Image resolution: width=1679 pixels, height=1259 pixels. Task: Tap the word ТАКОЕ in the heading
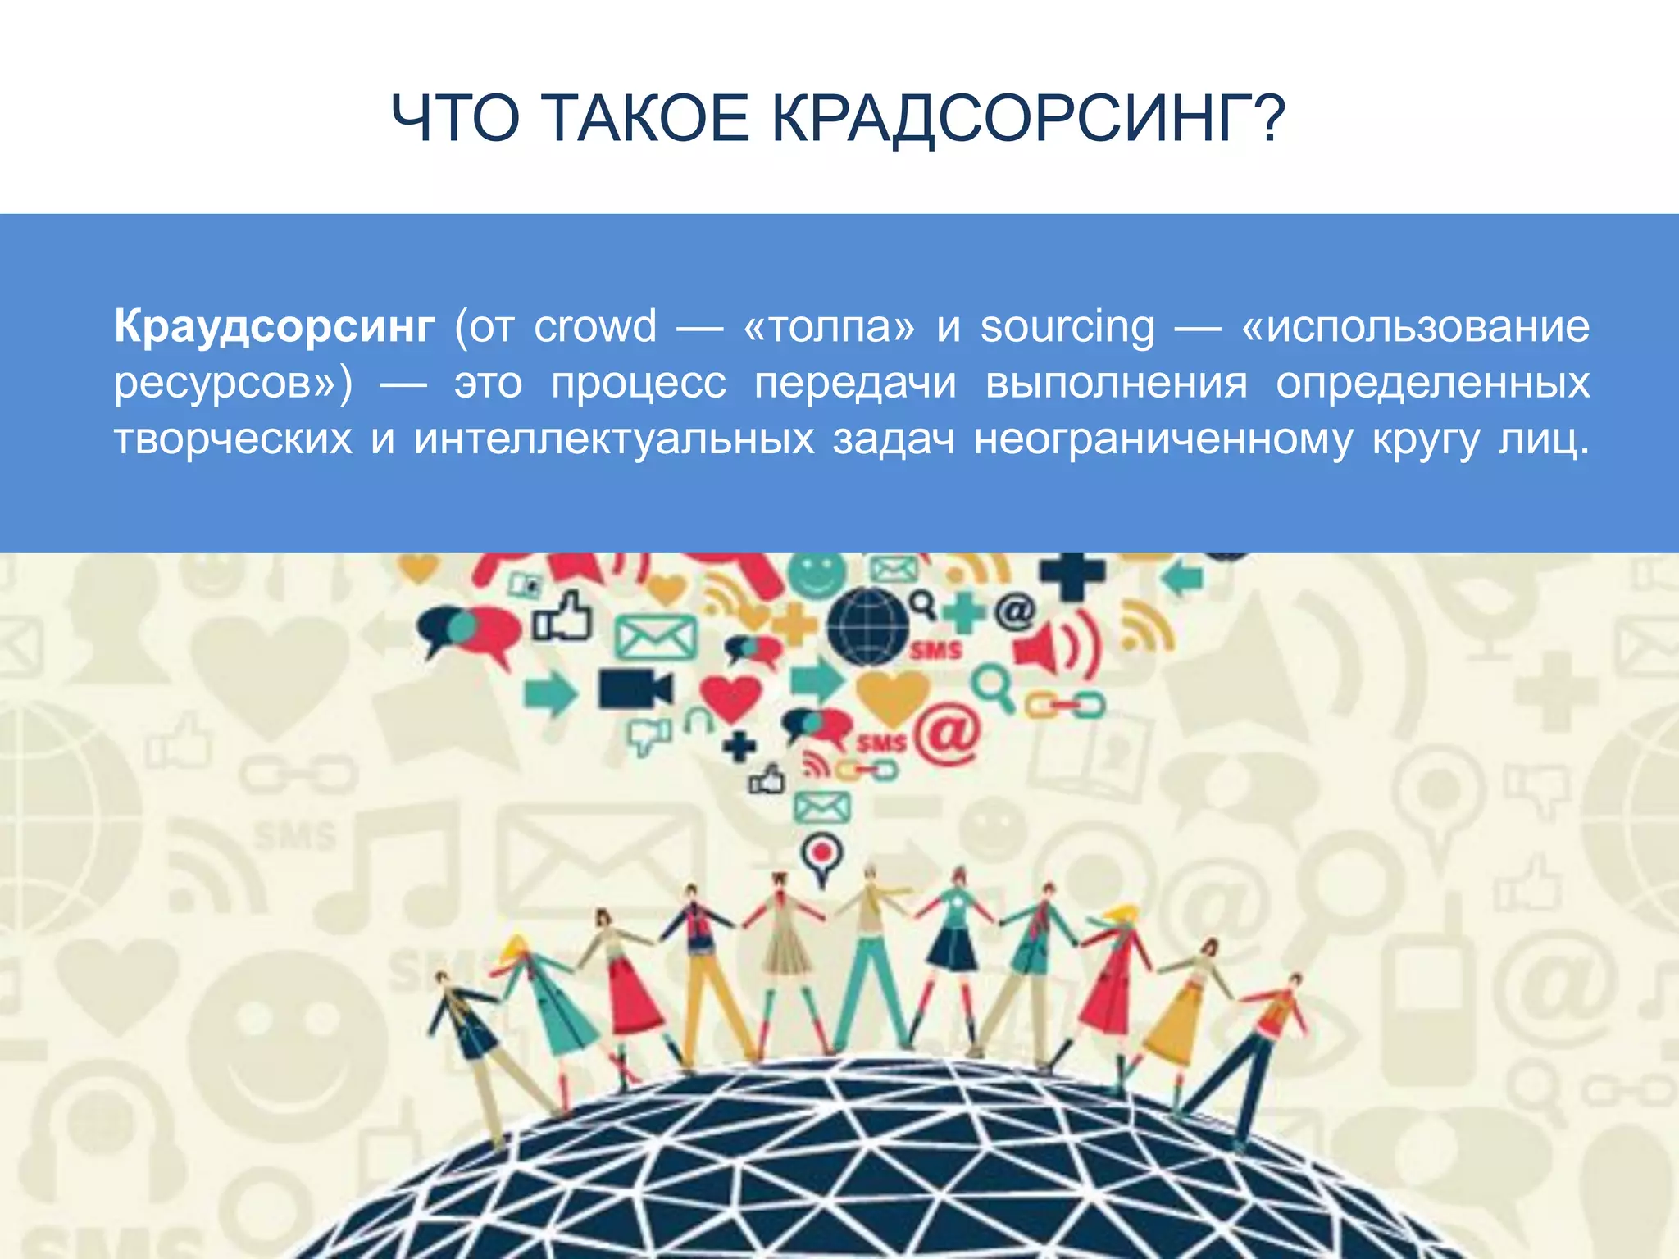pyautogui.click(x=644, y=119)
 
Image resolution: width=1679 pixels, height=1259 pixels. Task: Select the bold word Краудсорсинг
pyautogui.click(x=275, y=326)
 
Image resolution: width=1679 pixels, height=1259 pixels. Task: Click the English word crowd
pyautogui.click(x=595, y=326)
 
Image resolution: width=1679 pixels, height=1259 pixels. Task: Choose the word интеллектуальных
pyautogui.click(x=614, y=439)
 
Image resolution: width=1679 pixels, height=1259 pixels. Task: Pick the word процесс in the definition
pyautogui.click(x=639, y=384)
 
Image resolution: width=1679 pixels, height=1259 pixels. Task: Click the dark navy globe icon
pyautogui.click(x=867, y=626)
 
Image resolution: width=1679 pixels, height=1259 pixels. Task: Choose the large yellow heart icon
pyautogui.click(x=892, y=695)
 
